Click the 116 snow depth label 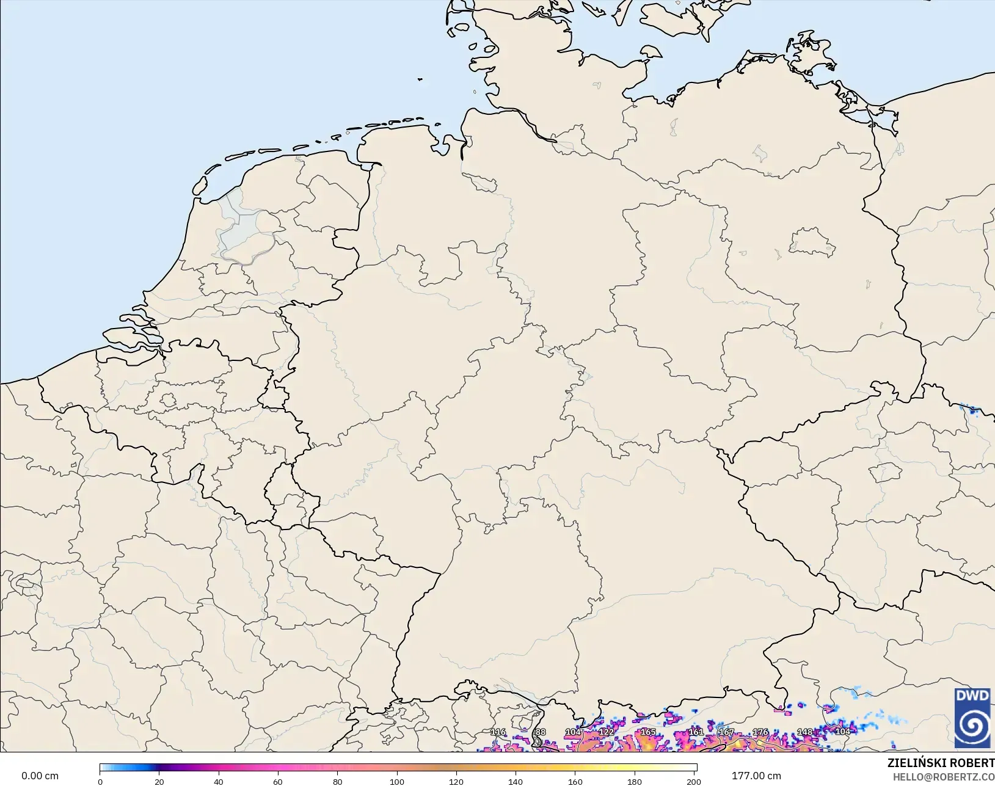498,732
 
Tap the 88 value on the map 540,732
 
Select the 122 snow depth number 606,732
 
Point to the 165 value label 647,732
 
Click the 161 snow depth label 696,732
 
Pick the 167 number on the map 726,732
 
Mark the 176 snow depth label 760,732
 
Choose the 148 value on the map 805,732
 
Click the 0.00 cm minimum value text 40,776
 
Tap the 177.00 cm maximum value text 756,776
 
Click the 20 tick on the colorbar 159,782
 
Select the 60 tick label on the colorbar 278,782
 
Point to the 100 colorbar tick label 397,782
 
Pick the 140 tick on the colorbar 516,782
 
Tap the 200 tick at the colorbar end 694,782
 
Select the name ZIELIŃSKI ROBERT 941,763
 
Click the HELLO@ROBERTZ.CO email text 944,777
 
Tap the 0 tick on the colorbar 100,782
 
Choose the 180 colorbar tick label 635,782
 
